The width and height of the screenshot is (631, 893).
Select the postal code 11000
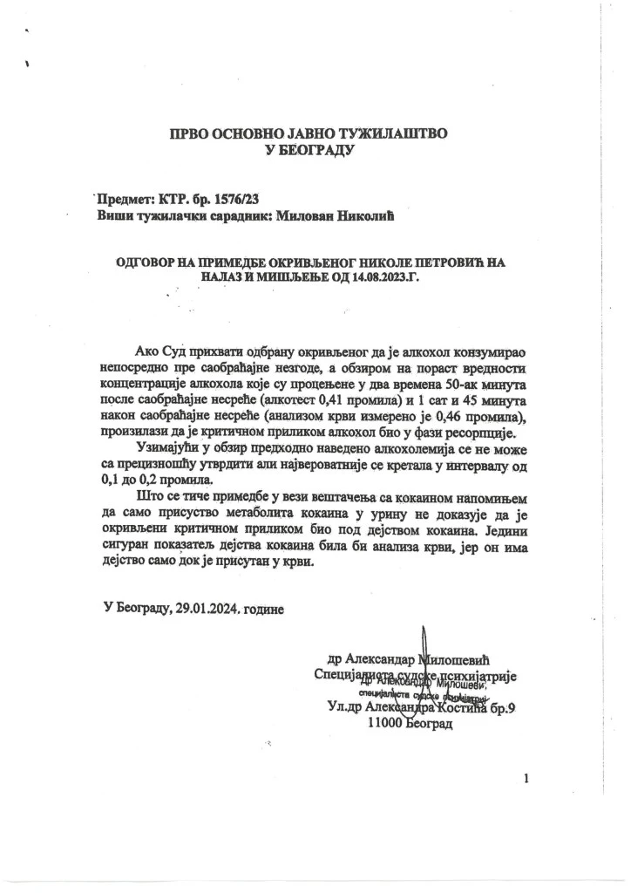[387, 723]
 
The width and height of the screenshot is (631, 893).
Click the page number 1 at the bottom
[526, 779]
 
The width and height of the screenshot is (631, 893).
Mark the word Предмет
[126, 200]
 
